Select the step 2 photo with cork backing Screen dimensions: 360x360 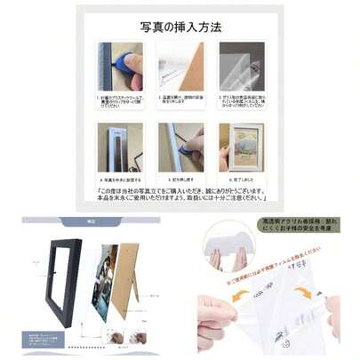tap(180, 66)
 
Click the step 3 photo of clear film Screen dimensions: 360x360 tap(242, 66)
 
